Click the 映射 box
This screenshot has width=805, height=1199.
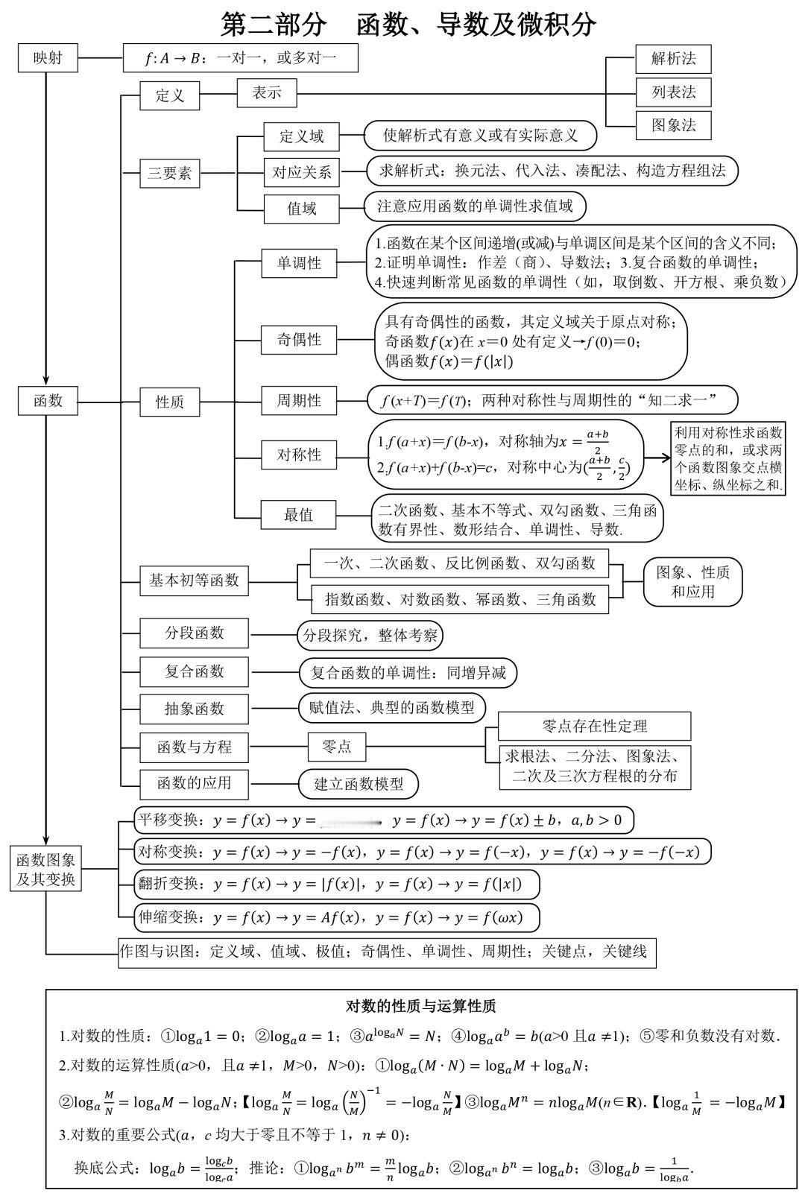click(x=48, y=59)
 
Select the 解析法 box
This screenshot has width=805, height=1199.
click(x=673, y=59)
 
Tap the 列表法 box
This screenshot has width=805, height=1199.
click(x=673, y=92)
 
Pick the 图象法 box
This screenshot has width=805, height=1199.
click(x=673, y=125)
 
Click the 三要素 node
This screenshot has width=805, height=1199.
click(x=170, y=174)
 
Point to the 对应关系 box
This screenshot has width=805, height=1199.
click(x=301, y=172)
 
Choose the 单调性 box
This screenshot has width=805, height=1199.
click(x=299, y=263)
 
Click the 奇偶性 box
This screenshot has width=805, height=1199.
click(x=299, y=340)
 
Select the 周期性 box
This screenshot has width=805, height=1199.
click(x=299, y=401)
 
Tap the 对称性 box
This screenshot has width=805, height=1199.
click(x=299, y=455)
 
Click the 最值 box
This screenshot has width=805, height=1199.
click(x=298, y=515)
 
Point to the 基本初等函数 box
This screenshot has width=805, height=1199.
click(x=194, y=580)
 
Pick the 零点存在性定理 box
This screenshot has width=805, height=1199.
click(x=594, y=726)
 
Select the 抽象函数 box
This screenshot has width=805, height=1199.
click(x=194, y=709)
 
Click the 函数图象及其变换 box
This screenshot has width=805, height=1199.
click(x=46, y=870)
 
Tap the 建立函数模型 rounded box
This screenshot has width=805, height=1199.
click(x=359, y=784)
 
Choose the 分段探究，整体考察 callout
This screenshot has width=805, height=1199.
click(x=370, y=636)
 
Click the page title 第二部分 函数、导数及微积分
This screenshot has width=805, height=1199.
click(x=408, y=24)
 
